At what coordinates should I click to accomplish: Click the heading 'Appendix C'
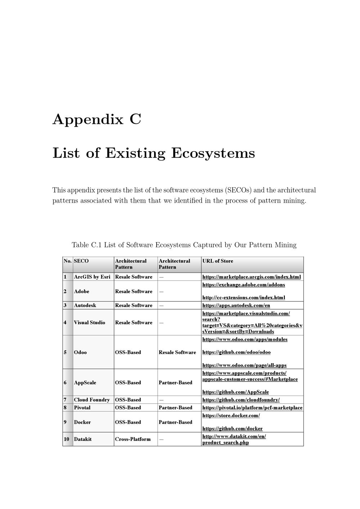coord(97,119)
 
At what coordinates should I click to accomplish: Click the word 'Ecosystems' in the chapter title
coord(213,153)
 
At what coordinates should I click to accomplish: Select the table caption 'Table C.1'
coord(87,245)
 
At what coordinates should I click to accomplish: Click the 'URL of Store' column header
coord(217,261)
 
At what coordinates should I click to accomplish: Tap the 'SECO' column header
coord(81,261)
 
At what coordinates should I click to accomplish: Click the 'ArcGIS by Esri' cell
coord(92,277)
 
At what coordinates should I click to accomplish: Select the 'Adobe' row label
coord(82,291)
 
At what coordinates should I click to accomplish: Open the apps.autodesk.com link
coord(236,305)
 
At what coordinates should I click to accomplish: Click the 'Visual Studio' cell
coord(90,323)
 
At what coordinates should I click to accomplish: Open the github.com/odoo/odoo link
coord(237,352)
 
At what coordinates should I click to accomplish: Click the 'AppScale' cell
coord(85,382)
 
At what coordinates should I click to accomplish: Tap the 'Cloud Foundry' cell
coord(92,400)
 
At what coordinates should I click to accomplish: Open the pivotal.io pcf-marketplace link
coord(252,407)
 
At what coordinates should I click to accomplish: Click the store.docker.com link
coord(231,415)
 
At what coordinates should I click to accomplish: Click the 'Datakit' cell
coord(83,439)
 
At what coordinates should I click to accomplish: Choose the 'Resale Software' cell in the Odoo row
coord(177,352)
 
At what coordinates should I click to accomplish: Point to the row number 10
coord(67,439)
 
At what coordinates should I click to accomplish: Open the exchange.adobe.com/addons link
coord(244,285)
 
